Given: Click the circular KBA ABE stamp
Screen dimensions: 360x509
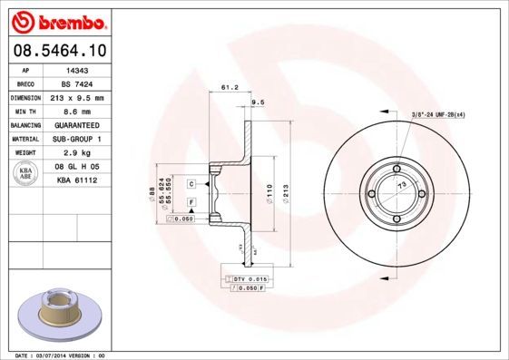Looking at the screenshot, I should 27,173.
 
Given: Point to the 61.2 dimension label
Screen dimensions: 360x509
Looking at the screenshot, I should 230,88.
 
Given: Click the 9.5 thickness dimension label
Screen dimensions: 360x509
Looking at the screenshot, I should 257,102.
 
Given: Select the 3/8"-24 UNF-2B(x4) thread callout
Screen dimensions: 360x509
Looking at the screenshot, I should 439,113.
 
